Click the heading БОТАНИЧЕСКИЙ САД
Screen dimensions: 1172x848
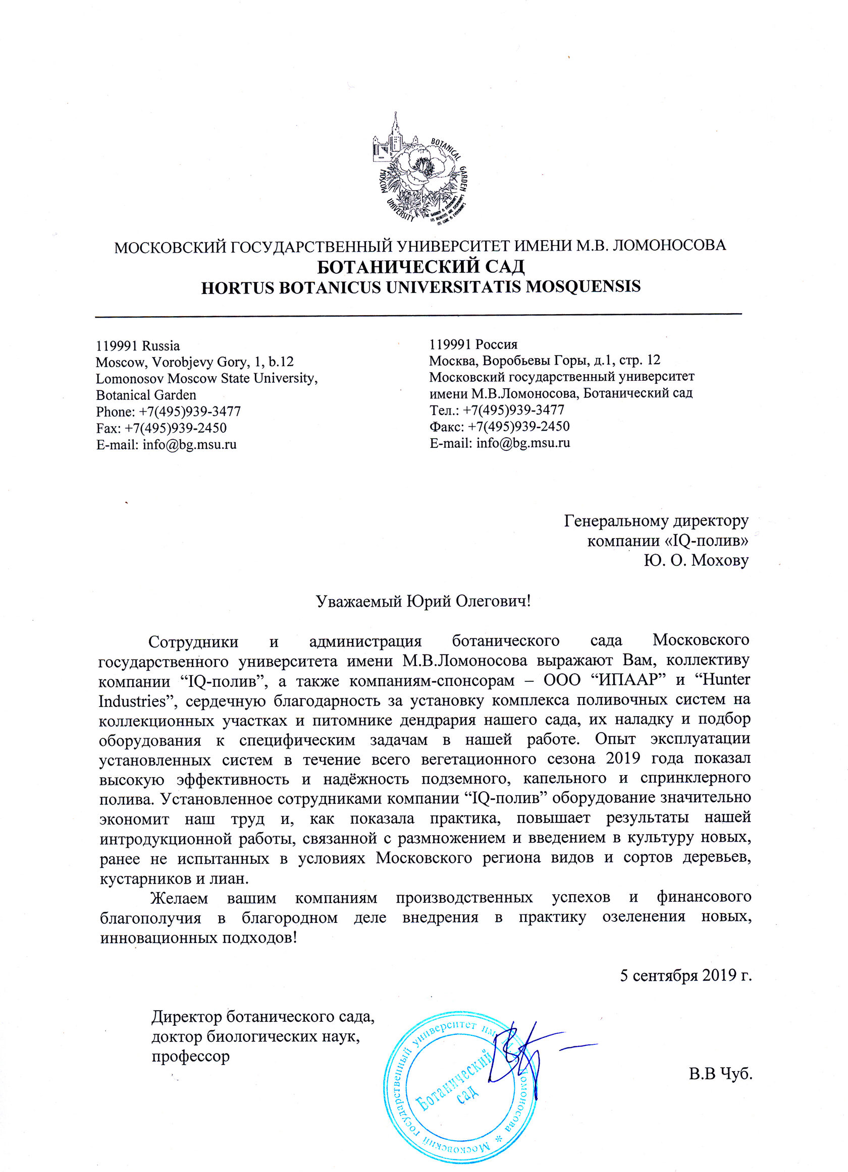420,267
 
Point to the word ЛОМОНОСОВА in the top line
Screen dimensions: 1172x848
669,245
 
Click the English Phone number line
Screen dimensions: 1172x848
169,412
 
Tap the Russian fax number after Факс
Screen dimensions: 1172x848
518,426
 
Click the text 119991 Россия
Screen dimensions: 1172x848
473,344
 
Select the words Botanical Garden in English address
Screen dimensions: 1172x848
146,395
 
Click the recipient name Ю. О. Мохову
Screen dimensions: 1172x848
696,560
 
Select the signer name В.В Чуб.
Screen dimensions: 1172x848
720,1074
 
